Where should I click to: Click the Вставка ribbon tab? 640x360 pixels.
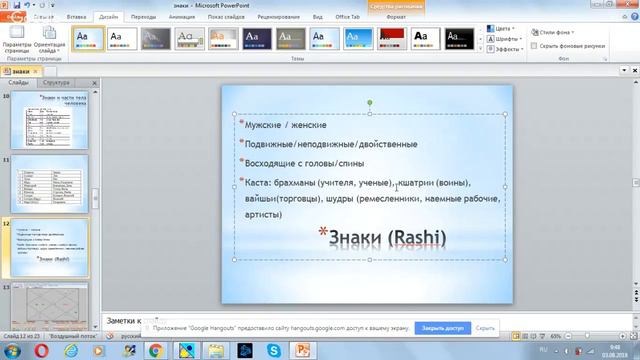(75, 17)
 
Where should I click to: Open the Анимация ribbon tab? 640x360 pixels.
(182, 17)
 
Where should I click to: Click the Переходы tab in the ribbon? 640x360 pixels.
(143, 17)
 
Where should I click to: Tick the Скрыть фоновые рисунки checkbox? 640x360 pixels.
(534, 46)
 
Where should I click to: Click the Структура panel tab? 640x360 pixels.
(57, 82)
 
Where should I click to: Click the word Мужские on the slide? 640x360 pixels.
(261, 126)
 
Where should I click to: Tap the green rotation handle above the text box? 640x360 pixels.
(370, 102)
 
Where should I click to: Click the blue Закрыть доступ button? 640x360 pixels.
(442, 327)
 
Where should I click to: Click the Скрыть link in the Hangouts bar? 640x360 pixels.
(485, 327)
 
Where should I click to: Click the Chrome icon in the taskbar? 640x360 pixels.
(155, 351)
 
